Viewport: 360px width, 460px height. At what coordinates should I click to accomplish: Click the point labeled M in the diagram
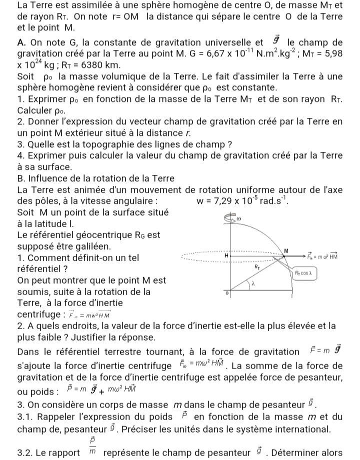(x=286, y=250)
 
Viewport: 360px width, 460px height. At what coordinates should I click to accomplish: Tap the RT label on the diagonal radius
(x=258, y=268)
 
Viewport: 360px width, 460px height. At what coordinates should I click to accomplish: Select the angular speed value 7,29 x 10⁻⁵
(x=230, y=202)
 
